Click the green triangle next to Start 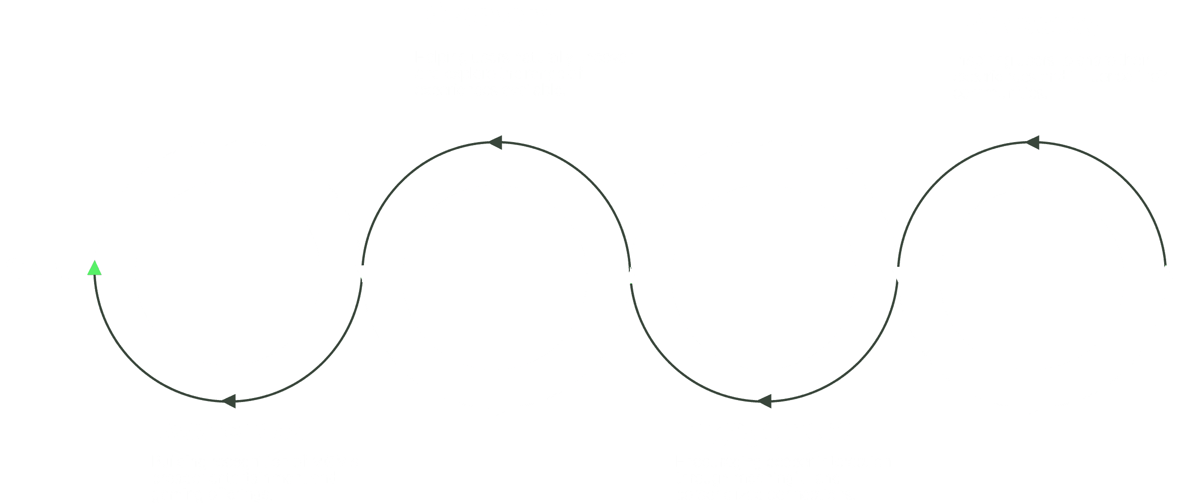coord(94,269)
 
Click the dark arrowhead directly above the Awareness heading coord(229,401)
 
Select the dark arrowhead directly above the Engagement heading coord(765,401)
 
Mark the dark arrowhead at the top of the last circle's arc coord(1032,143)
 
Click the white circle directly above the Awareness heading coord(228,273)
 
